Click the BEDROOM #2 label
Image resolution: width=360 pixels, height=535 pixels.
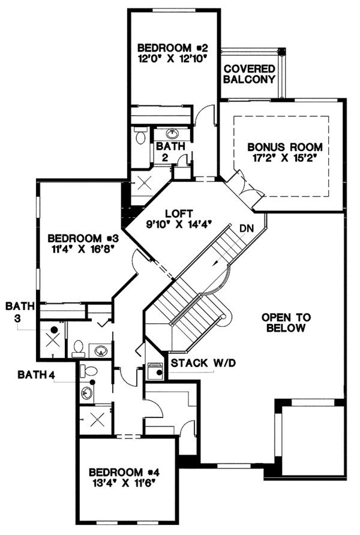(172, 47)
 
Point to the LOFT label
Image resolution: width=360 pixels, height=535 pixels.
(178, 214)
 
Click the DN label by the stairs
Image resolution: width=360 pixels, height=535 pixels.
(246, 228)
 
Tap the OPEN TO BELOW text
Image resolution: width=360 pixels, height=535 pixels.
(284, 322)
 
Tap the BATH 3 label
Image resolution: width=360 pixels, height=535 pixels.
(17, 312)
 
